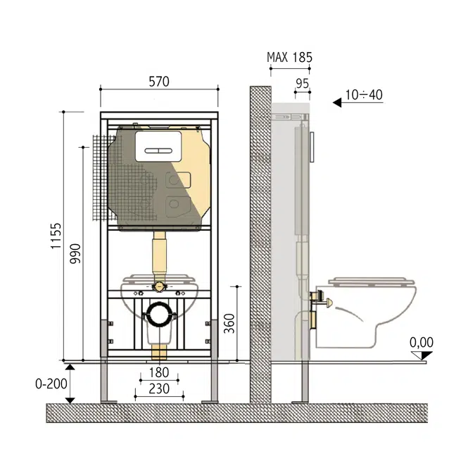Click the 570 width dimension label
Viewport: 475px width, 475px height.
(x=159, y=82)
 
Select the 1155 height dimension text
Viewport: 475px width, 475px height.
(x=57, y=239)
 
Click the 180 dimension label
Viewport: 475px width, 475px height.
(x=158, y=373)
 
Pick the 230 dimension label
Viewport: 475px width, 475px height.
(x=158, y=388)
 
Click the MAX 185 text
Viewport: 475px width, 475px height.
(x=289, y=57)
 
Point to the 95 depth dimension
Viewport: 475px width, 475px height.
(x=302, y=82)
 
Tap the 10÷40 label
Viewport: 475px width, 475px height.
(x=365, y=94)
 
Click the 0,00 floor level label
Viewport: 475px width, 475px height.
(x=421, y=343)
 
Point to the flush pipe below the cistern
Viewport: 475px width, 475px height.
(x=160, y=258)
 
